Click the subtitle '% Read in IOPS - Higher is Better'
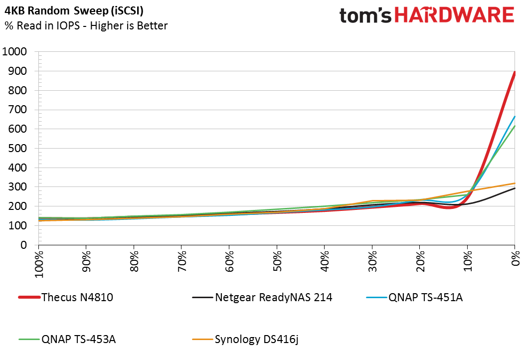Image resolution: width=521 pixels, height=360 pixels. (x=86, y=26)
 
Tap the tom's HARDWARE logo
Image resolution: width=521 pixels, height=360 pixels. (x=426, y=15)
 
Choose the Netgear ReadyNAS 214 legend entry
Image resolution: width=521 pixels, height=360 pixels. (x=262, y=298)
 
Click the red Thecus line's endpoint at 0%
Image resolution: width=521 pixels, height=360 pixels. (x=514, y=72)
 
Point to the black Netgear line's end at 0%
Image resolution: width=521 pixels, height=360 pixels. (x=514, y=188)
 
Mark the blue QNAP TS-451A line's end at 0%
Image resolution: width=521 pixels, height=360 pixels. (x=514, y=117)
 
